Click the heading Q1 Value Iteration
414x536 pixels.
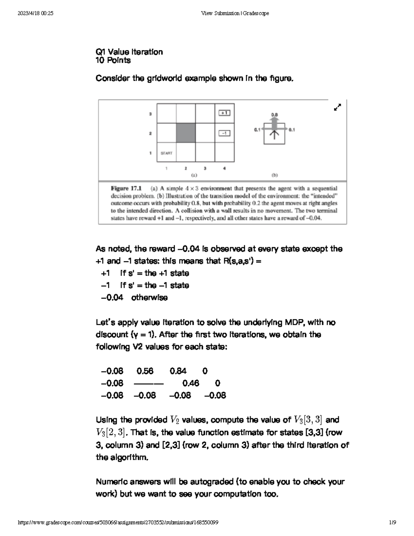(x=129, y=52)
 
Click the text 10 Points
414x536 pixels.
(x=113, y=60)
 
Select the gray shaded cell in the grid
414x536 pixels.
(x=186, y=133)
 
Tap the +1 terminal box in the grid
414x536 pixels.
(x=224, y=113)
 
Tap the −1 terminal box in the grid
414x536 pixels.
(x=224, y=133)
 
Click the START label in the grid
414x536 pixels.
(x=166, y=153)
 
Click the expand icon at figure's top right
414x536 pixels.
(x=337, y=107)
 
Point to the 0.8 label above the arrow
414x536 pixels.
(x=274, y=114)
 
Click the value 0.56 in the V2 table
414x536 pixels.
(x=145, y=371)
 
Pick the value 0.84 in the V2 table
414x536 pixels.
(x=178, y=371)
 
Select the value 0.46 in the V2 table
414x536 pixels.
(x=191, y=383)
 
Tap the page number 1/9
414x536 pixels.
(x=392, y=523)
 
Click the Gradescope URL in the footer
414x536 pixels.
(x=118, y=523)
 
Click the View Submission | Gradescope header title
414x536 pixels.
(x=235, y=13)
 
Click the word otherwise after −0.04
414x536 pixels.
(x=149, y=298)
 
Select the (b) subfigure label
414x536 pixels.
(x=275, y=175)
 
